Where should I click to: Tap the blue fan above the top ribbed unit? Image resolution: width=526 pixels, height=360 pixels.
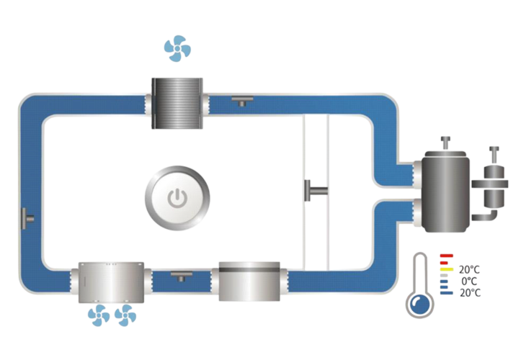point(177,49)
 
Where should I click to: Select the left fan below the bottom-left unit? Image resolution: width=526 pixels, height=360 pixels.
point(99,315)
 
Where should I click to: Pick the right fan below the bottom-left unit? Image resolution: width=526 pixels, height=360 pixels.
point(125,315)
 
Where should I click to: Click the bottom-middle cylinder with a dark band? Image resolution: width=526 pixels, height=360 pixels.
point(249,282)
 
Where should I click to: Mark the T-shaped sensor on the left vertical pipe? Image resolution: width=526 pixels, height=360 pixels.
point(27,217)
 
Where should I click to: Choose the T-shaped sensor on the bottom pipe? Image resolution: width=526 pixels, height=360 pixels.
point(181,275)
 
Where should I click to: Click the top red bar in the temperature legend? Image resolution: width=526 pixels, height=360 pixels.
point(446,256)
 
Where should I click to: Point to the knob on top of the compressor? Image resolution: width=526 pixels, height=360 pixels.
point(446,141)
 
